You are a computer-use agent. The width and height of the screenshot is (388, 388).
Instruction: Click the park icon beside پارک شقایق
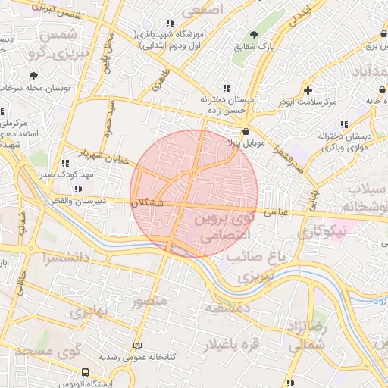(254, 36)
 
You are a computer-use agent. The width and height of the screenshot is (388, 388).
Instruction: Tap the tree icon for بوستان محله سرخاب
(33, 76)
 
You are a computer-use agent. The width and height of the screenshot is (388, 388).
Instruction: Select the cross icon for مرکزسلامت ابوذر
(308, 89)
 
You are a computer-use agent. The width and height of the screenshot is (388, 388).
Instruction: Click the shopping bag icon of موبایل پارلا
(246, 131)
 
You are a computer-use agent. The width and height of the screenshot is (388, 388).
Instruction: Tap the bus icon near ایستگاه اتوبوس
(84, 373)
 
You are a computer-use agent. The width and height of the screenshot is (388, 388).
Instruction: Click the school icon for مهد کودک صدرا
(65, 162)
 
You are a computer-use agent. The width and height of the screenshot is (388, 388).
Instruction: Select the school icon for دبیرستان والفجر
(78, 189)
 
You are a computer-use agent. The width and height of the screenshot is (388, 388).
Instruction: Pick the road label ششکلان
(147, 203)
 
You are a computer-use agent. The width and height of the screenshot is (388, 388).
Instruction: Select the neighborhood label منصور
(149, 301)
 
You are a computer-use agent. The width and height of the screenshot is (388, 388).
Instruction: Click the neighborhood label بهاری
(98, 311)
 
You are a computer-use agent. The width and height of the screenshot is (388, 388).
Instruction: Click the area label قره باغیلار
(230, 345)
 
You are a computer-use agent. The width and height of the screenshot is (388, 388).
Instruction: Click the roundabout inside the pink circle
(194, 173)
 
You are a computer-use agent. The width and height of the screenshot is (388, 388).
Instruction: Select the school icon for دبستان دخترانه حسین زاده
(225, 86)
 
